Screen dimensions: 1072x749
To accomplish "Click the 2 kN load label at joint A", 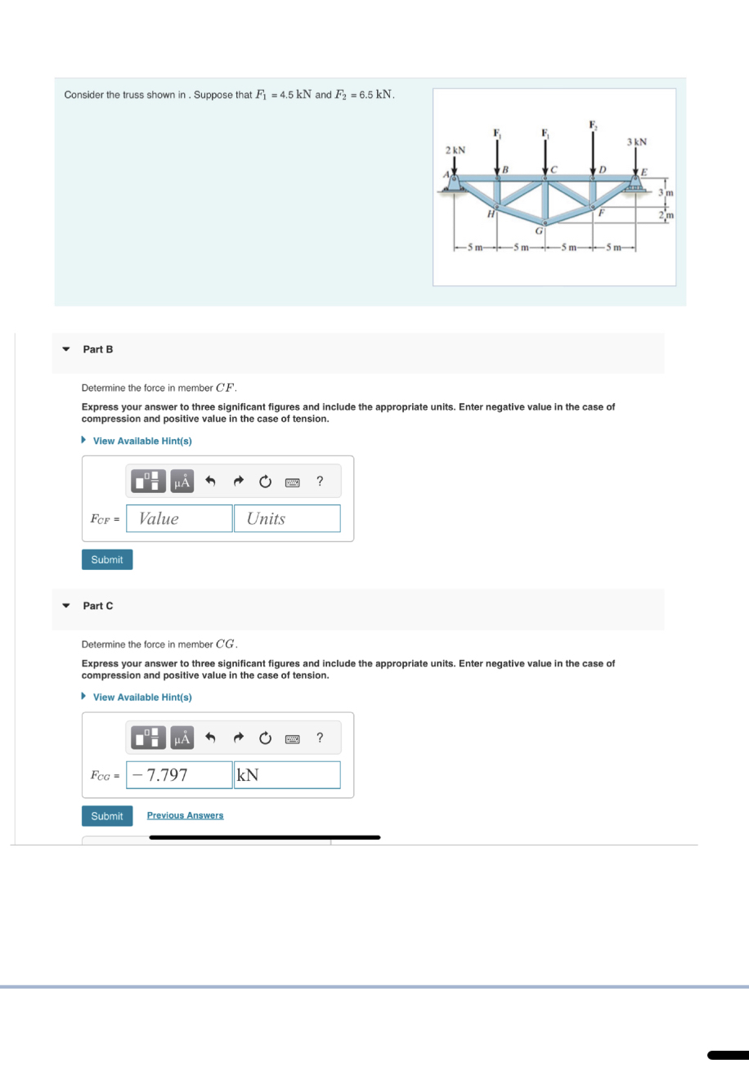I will pyautogui.click(x=455, y=150).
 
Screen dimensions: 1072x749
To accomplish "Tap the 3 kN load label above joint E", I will pyautogui.click(x=636, y=141).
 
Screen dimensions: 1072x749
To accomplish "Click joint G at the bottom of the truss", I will pyautogui.click(x=544, y=222).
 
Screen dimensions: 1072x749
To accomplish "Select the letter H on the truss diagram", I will pyautogui.click(x=490, y=214).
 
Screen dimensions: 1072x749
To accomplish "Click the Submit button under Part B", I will pyautogui.click(x=107, y=560).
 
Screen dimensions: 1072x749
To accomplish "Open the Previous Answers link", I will pyautogui.click(x=185, y=816).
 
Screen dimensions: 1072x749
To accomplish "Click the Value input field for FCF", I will pyautogui.click(x=179, y=518).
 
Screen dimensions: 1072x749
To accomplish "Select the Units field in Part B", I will pyautogui.click(x=287, y=518).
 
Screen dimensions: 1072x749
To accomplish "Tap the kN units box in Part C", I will pyautogui.click(x=287, y=775).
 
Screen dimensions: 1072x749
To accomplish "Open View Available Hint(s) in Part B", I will pyautogui.click(x=142, y=441).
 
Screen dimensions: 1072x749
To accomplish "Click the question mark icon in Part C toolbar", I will pyautogui.click(x=320, y=738).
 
